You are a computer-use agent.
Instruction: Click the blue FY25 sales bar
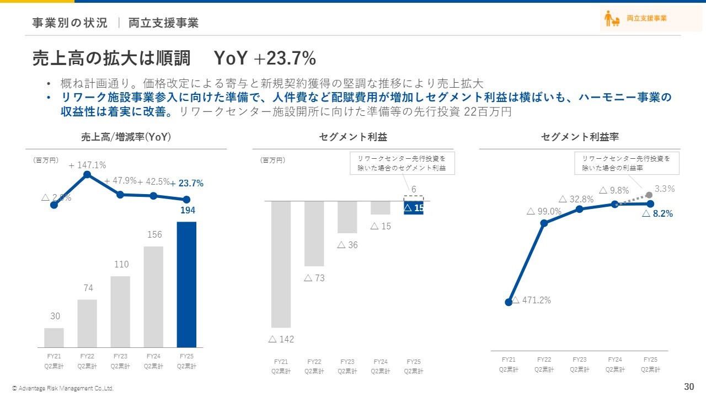tap(186, 284)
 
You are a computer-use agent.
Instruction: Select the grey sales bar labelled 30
tap(54, 337)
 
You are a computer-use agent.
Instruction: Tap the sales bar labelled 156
tap(153, 297)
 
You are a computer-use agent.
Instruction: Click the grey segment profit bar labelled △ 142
tap(281, 264)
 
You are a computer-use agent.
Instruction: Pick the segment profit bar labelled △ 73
tap(314, 233)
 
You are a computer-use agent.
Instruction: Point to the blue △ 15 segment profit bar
tap(414, 208)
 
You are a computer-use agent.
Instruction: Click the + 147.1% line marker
tap(87, 175)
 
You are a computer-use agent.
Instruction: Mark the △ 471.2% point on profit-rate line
tap(509, 302)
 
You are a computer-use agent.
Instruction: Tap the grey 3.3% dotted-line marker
tap(649, 195)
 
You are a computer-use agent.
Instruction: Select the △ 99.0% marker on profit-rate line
tap(544, 223)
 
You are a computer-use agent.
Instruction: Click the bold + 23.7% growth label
tap(186, 184)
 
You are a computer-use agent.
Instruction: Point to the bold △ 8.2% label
tap(657, 214)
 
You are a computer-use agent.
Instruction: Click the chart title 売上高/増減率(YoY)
tap(126, 137)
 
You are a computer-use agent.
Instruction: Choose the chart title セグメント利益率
tap(580, 137)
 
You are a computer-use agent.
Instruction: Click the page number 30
tap(689, 386)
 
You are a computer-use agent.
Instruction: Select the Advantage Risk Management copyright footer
tap(63, 389)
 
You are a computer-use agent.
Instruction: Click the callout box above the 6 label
tap(402, 163)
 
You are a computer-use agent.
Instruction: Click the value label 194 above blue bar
tap(186, 210)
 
